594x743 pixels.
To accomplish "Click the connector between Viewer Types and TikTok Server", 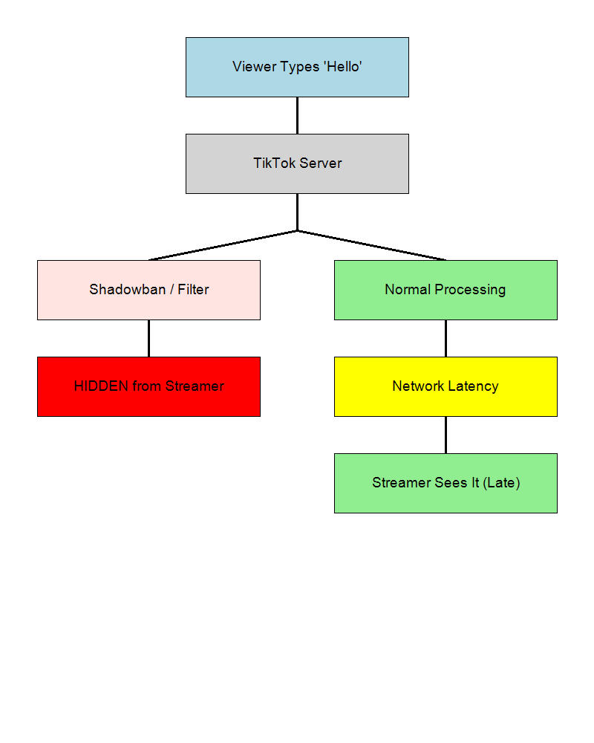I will (x=297, y=115).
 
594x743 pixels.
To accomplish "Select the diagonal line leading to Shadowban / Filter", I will (x=223, y=245).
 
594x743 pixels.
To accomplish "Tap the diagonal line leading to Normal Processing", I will (x=371, y=245).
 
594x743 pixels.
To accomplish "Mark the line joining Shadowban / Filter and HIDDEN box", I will (x=148, y=338).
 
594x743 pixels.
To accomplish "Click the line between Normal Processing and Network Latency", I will (x=446, y=338).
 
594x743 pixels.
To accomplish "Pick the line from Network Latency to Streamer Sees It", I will (x=446, y=435).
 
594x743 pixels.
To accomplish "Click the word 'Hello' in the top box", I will (x=342, y=67).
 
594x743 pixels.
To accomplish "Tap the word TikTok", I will (x=273, y=163).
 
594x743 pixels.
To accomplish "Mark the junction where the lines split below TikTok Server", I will (x=297, y=230).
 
